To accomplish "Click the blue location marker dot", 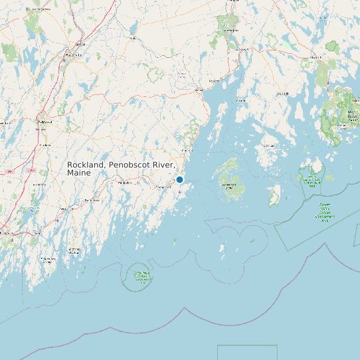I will (179, 179).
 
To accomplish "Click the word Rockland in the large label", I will (86, 165).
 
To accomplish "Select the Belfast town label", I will (198, 89).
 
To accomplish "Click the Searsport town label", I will (215, 81).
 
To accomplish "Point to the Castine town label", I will (240, 100).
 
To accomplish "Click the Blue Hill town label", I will (283, 94).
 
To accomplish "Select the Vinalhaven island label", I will (229, 184).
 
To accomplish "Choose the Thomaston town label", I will (163, 188).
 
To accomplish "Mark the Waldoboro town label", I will (124, 183).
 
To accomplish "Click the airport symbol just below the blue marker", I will (179, 192).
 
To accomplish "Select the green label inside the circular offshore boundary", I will (141, 278).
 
